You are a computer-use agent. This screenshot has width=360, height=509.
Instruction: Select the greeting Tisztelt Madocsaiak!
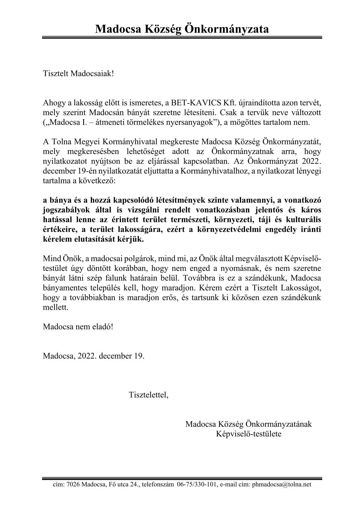pos(79,74)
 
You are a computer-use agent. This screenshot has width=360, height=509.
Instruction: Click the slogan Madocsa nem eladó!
pos(78,327)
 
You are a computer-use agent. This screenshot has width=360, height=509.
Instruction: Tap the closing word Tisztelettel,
pos(148,395)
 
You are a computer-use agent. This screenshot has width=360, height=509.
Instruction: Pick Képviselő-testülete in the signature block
pos(249,434)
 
